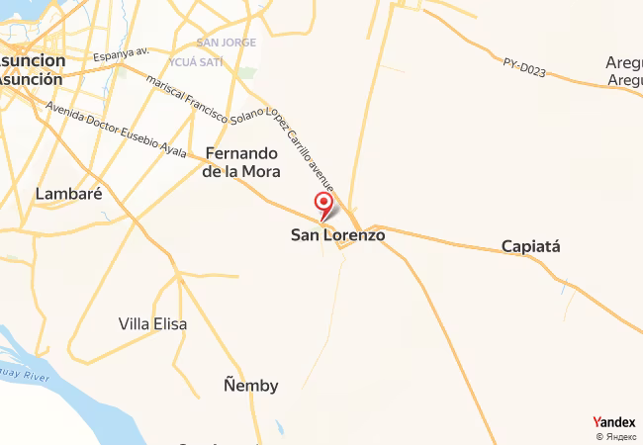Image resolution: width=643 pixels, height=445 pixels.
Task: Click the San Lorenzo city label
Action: coord(337,236)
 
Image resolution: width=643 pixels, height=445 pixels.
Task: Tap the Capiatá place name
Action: coord(530,246)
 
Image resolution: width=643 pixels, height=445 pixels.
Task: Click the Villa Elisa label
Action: coord(152,323)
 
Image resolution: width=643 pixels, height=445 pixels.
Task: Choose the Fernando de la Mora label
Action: coord(241,162)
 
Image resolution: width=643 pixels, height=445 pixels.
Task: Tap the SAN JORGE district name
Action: coord(226,43)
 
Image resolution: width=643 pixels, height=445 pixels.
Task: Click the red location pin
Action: coord(323,205)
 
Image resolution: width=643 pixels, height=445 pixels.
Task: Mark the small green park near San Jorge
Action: coord(246,73)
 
